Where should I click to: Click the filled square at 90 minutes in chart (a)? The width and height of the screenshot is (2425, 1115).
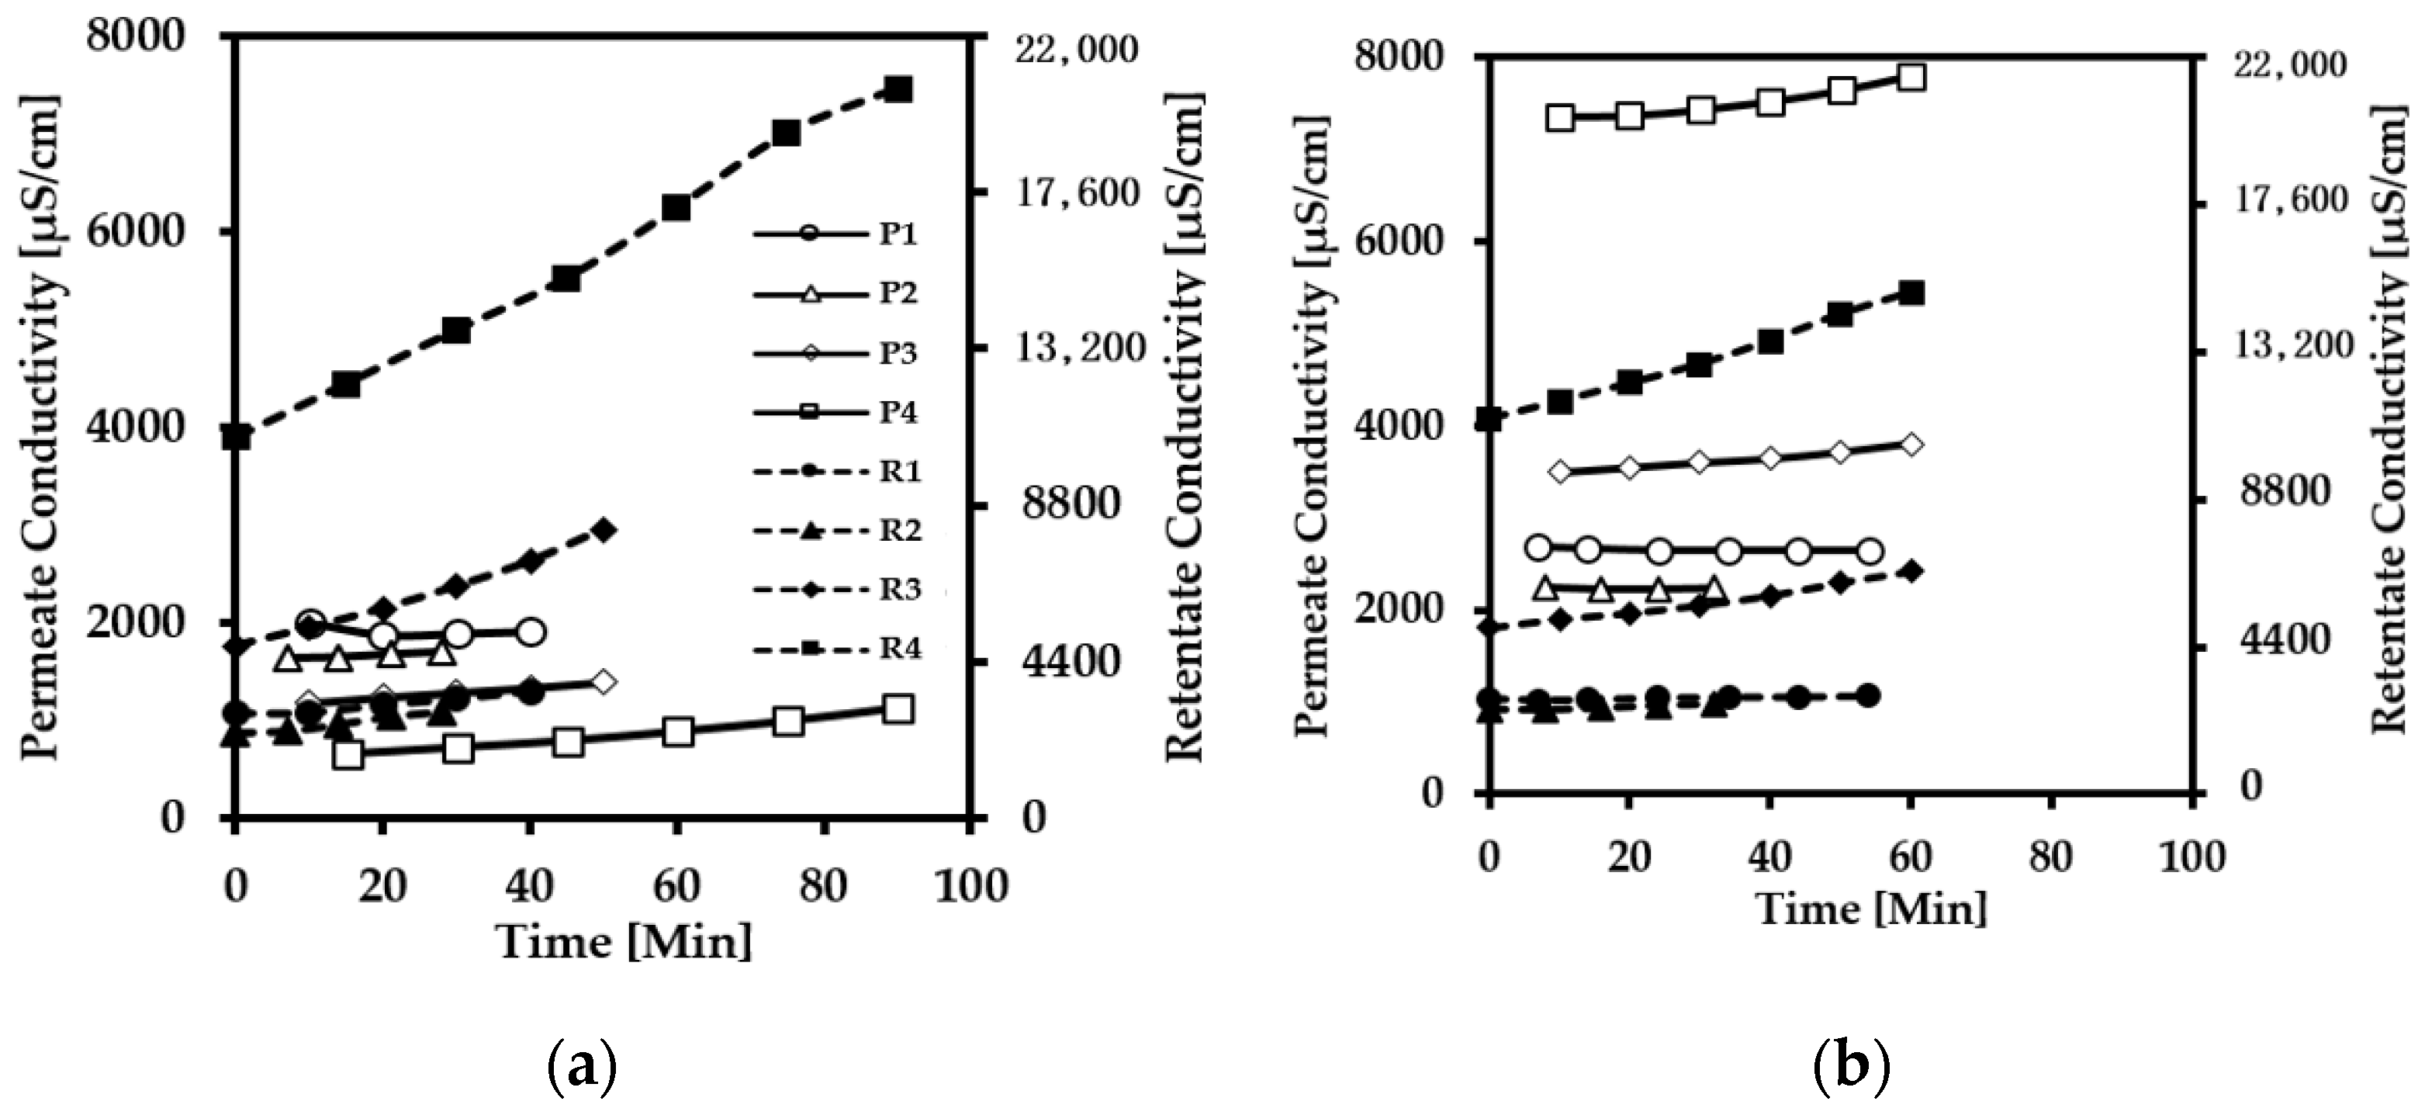[898, 89]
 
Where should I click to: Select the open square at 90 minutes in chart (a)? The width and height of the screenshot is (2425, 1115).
[898, 709]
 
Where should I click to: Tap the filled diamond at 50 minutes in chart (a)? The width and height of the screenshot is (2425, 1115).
[604, 530]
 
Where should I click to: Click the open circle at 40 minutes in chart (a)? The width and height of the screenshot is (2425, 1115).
[530, 632]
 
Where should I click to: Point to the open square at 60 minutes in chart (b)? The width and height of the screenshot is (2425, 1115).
[1910, 78]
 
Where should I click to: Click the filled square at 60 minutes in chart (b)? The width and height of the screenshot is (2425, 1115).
[1910, 293]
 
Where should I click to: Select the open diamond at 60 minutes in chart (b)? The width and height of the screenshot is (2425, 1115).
[1910, 445]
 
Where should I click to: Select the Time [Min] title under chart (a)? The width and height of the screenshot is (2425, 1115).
[625, 942]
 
